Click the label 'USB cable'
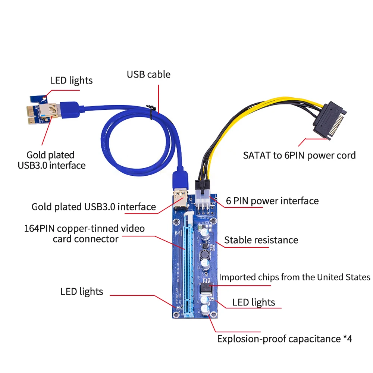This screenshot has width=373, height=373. tap(148, 74)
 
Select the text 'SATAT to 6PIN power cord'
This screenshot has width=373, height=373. tap(299, 155)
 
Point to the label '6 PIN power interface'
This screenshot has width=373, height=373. tap(272, 201)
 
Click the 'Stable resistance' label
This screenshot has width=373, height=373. tap(261, 240)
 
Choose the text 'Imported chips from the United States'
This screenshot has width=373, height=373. tap(294, 277)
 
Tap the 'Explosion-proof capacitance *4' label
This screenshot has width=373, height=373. tap(284, 339)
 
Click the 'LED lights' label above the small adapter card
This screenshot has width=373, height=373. tap(71, 80)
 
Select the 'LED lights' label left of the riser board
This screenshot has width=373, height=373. tap(82, 291)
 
